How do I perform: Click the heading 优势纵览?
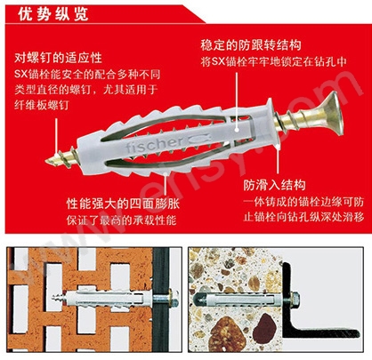point(53,14)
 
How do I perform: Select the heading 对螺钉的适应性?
point(58,58)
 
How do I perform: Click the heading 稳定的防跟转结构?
point(251,45)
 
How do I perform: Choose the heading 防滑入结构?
point(274,185)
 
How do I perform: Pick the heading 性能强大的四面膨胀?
point(123,204)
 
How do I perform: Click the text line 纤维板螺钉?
point(42,105)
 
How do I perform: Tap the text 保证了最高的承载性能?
point(121,220)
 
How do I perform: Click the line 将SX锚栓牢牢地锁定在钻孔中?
point(273,61)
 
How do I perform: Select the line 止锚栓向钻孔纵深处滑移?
point(303,217)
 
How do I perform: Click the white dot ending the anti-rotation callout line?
point(237,130)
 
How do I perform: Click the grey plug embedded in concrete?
point(238,300)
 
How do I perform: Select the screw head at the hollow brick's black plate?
point(173,297)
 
